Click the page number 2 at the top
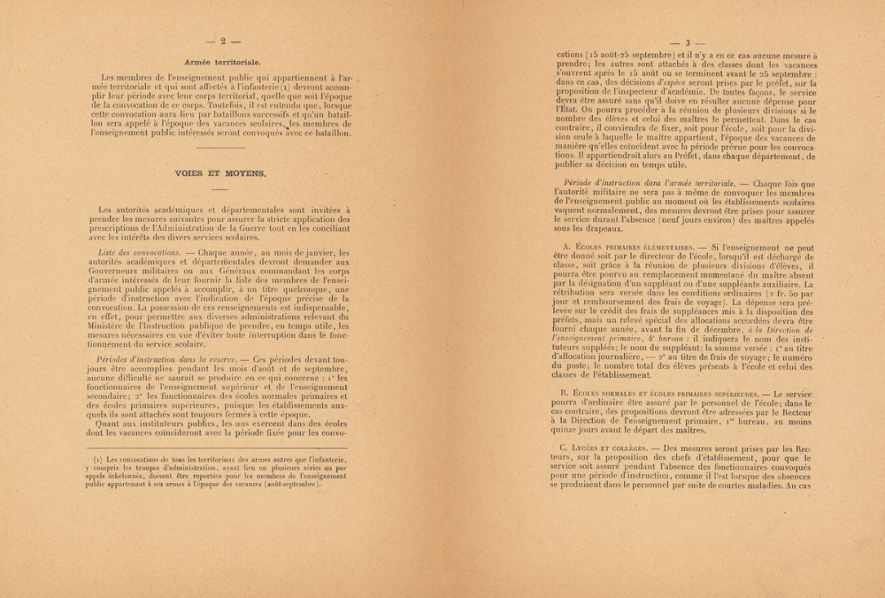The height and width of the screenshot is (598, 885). pyautogui.click(x=223, y=41)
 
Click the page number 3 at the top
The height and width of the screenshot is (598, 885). pyautogui.click(x=687, y=42)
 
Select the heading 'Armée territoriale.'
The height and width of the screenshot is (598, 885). pyautogui.click(x=222, y=62)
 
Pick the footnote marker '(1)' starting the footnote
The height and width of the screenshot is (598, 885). pyautogui.click(x=100, y=460)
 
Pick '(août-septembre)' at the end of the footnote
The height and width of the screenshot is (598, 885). pyautogui.click(x=292, y=485)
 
